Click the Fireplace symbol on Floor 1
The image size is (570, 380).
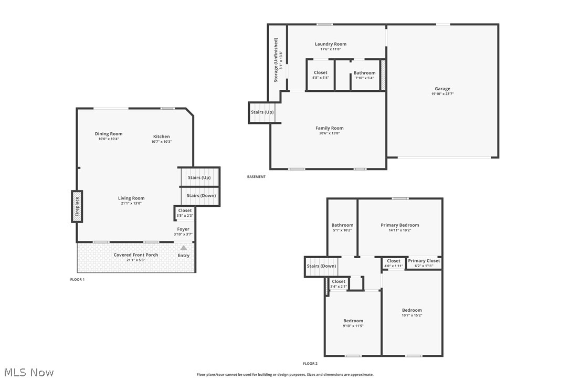point(77,206)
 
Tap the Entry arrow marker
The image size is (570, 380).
point(184,248)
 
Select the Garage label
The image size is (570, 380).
point(442,89)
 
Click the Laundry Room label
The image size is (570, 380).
point(331,44)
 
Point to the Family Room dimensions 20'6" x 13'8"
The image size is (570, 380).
point(330,133)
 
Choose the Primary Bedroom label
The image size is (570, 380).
point(400,225)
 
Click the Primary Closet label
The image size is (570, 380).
point(424,261)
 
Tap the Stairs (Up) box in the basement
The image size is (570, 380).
point(262,112)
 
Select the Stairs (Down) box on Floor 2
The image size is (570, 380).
point(321,266)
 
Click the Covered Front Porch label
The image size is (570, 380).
point(136,255)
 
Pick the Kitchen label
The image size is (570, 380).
point(161,136)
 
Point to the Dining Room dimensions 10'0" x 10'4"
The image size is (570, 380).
point(109,139)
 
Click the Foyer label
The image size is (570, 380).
point(183,229)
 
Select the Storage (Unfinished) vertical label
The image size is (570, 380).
point(276,60)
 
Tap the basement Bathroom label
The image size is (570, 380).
point(364,73)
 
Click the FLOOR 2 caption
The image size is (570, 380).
point(310,363)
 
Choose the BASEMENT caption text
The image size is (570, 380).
point(256,177)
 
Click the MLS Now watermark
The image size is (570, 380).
point(27,373)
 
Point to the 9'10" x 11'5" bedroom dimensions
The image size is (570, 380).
point(353,326)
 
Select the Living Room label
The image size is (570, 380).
point(131,198)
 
